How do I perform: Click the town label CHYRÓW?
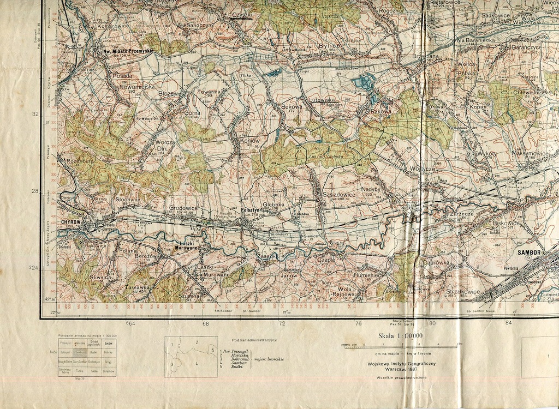[x=71, y=222]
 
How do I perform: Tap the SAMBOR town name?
[x=529, y=252]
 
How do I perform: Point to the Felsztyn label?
[x=252, y=210]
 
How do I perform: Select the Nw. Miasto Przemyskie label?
[x=128, y=51]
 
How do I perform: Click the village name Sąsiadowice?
[x=338, y=194]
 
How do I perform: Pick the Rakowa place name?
[x=381, y=111]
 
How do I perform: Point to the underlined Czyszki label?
[x=241, y=15]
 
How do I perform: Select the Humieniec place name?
[x=366, y=275]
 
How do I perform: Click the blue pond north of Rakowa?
[x=364, y=82]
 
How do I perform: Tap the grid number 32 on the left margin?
[x=35, y=115]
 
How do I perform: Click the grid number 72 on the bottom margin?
[x=282, y=324]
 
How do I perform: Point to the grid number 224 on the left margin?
[x=34, y=268]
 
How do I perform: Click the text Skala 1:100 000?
[x=400, y=336]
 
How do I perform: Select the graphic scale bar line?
[x=401, y=346]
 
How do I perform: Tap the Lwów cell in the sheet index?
[x=109, y=343]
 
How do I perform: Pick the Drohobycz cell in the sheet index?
[x=94, y=362]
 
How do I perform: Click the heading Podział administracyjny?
[x=254, y=340]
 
